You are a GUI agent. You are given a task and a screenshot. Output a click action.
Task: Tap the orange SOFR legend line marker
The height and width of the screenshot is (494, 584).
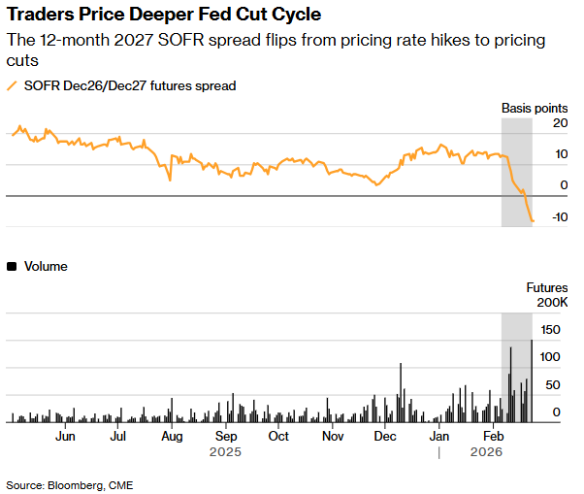pyautogui.click(x=13, y=85)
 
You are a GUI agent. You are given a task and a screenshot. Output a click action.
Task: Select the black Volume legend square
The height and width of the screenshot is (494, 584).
pyautogui.click(x=12, y=266)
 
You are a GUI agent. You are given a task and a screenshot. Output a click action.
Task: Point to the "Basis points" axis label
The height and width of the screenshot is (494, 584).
pyautogui.click(x=534, y=107)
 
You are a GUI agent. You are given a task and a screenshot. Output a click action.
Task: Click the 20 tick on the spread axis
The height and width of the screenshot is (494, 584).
pyautogui.click(x=560, y=123)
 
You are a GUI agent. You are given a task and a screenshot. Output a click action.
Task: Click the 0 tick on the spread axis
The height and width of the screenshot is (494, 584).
pyautogui.click(x=564, y=185)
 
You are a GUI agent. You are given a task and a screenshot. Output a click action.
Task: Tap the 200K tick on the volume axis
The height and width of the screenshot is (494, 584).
pyautogui.click(x=553, y=303)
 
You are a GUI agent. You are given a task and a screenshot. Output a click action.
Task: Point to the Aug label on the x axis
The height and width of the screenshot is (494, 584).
pyautogui.click(x=171, y=437)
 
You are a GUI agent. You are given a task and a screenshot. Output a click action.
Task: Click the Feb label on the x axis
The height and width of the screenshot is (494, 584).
pyautogui.click(x=493, y=437)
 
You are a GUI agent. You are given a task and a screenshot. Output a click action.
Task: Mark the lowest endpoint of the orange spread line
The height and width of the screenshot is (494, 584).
pyautogui.click(x=533, y=221)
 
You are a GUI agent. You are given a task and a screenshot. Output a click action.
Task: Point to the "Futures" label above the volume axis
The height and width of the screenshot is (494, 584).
pyautogui.click(x=547, y=287)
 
